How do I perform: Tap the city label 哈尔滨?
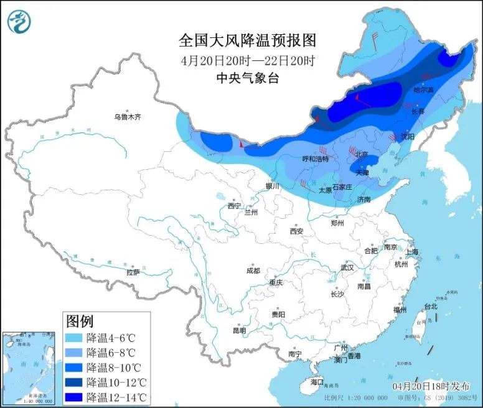click(423, 90)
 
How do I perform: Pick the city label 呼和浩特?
click(315, 159)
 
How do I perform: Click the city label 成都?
click(253, 271)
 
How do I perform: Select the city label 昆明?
click(239, 330)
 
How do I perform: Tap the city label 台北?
click(431, 306)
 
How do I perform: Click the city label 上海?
click(411, 252)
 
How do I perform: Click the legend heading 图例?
click(80, 322)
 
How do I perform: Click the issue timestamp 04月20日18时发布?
click(428, 386)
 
